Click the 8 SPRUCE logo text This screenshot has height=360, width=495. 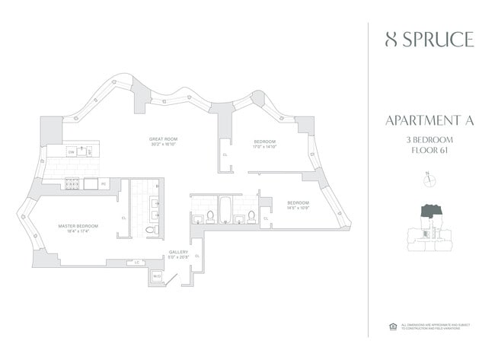tap(430, 40)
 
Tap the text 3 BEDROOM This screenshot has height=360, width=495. tap(430, 139)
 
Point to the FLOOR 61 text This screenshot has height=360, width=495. tap(430, 151)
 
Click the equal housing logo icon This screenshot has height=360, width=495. tap(394, 327)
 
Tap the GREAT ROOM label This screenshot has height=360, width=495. tap(164, 139)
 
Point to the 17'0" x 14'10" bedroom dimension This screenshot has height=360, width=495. tap(264, 147)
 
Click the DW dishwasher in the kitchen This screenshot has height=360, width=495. tap(71, 152)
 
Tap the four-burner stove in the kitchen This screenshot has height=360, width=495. tap(72, 183)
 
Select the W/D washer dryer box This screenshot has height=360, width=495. tap(157, 276)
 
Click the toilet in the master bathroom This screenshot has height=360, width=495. tap(150, 228)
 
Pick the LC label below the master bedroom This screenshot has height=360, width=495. tap(137, 263)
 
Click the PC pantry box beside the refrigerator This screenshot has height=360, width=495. tap(104, 183)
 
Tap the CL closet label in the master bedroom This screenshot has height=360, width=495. tap(123, 218)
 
